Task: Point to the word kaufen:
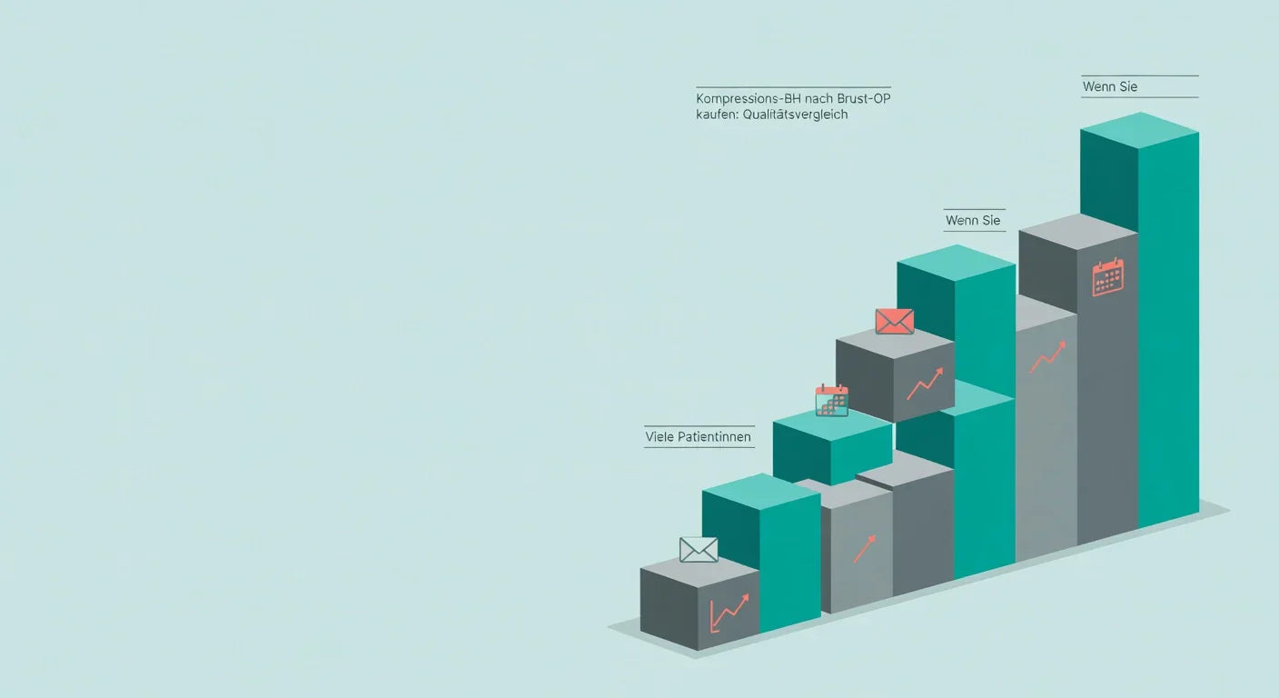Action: click(x=717, y=115)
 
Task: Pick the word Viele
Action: click(x=659, y=437)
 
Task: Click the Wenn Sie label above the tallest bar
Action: click(x=1110, y=87)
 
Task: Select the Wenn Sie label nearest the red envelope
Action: click(x=973, y=221)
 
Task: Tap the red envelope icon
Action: click(x=895, y=322)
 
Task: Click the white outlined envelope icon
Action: click(x=699, y=550)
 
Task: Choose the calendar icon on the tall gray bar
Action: click(x=1107, y=277)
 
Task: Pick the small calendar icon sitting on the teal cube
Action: click(x=832, y=401)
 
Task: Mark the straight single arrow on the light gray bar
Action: click(x=865, y=549)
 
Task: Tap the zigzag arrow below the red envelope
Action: click(x=925, y=384)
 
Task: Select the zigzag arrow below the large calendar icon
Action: click(x=1047, y=357)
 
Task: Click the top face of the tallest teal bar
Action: click(x=1140, y=130)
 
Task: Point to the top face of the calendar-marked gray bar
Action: click(x=1078, y=232)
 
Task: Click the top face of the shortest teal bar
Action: click(x=761, y=491)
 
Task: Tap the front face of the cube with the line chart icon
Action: click(x=729, y=611)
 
